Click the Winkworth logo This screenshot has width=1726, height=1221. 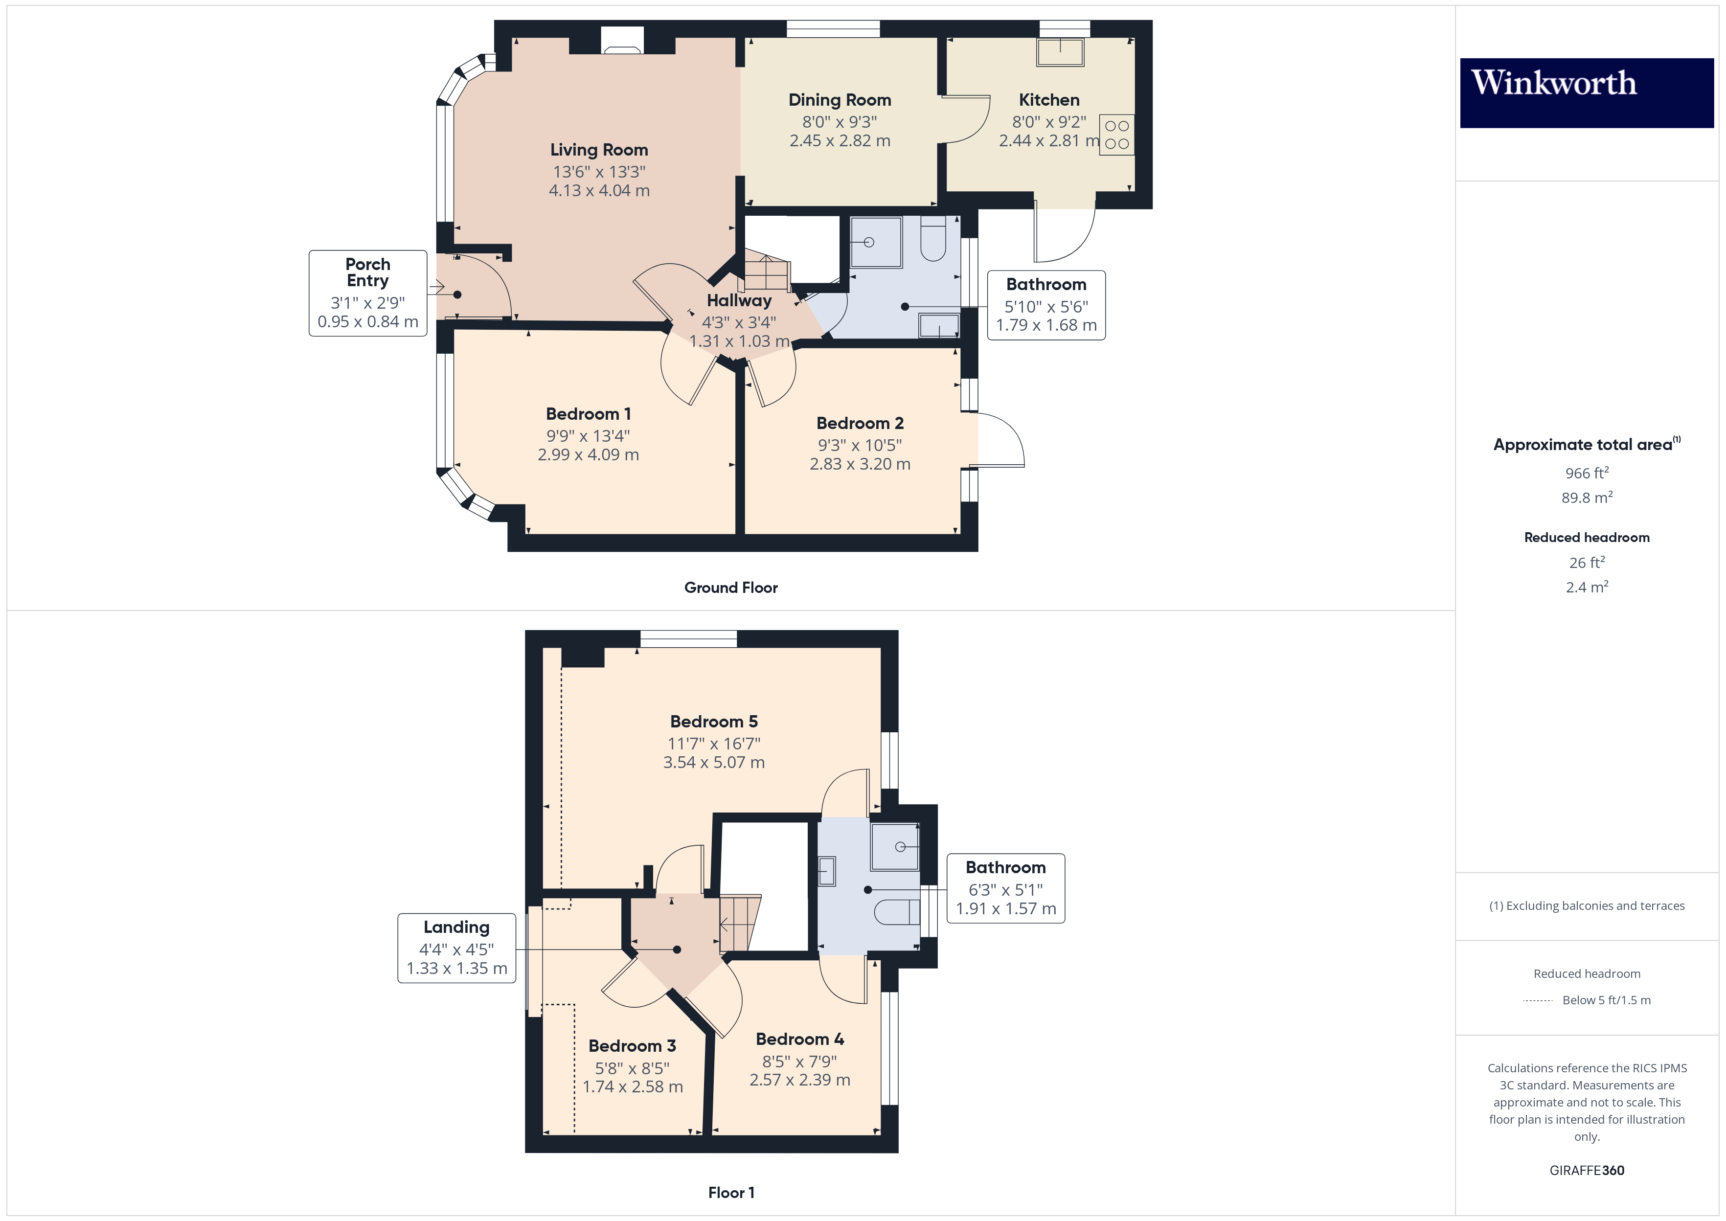[1586, 92]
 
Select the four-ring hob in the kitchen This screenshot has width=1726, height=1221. [1116, 135]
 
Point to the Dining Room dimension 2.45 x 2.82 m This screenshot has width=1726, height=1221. [840, 140]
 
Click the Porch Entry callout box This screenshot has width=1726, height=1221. [367, 293]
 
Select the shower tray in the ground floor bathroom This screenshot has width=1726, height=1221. [875, 242]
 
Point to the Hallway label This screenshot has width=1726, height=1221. [739, 301]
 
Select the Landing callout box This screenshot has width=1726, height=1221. [456, 948]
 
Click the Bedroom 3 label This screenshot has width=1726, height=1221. [632, 1046]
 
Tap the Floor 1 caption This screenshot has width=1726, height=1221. [731, 1193]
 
